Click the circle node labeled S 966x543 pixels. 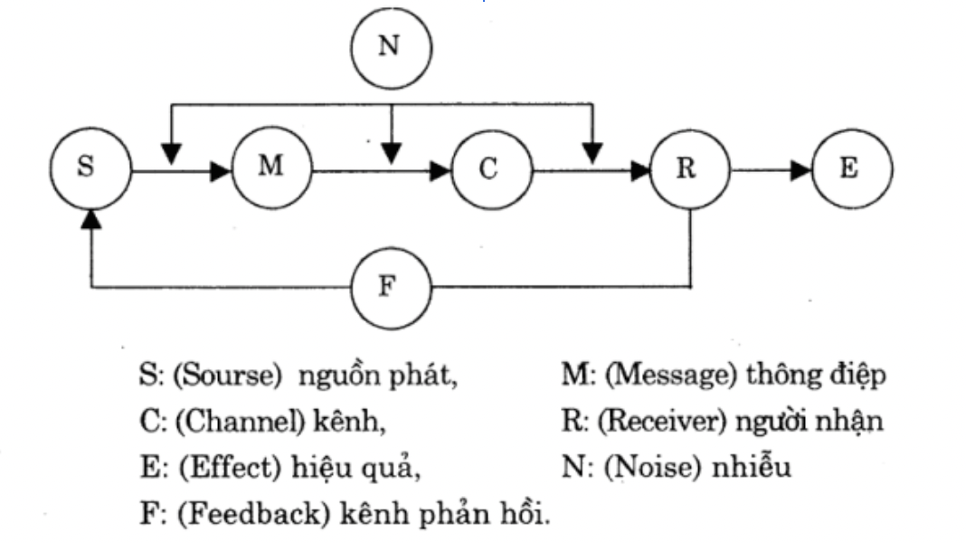[x=91, y=169]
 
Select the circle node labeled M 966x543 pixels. [x=270, y=169]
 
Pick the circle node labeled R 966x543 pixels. [x=692, y=169]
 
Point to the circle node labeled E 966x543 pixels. [x=850, y=169]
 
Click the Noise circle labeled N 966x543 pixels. [x=390, y=47]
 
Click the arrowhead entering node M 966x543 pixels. [x=221, y=169]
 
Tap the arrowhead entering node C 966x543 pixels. [x=440, y=169]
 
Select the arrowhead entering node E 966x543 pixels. [x=800, y=169]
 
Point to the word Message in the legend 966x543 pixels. [x=649, y=376]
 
